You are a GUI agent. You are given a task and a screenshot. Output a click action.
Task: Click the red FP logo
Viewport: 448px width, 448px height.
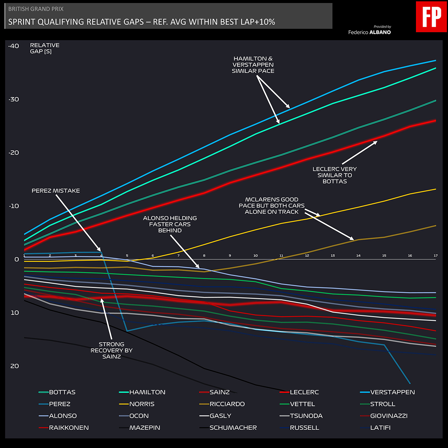(431, 17)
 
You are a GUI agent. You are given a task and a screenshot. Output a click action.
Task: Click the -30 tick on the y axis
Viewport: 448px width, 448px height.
(13, 99)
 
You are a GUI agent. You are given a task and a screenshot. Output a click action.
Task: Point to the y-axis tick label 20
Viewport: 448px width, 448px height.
(14, 366)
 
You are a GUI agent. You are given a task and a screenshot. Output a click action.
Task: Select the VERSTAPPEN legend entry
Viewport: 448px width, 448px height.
(392, 392)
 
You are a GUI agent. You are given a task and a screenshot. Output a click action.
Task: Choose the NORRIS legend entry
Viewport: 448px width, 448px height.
(142, 404)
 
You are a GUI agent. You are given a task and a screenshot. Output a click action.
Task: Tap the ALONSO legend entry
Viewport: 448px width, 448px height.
(63, 416)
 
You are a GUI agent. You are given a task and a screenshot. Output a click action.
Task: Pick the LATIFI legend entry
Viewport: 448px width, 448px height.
(380, 428)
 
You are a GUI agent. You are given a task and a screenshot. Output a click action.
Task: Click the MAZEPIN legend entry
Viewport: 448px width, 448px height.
(144, 428)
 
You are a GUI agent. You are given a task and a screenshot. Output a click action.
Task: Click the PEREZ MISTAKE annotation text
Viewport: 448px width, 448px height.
(56, 191)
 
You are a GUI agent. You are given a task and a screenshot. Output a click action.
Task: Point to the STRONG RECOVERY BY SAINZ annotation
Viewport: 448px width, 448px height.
(112, 350)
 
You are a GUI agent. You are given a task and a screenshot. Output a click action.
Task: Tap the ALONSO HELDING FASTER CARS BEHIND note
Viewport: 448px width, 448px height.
(170, 224)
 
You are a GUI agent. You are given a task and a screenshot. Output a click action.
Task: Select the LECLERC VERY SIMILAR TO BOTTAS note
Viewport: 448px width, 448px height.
(335, 175)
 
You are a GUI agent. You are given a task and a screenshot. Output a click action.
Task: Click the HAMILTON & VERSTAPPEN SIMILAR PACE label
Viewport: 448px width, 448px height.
(253, 65)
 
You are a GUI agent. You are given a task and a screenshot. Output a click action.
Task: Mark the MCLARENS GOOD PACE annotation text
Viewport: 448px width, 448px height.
(271, 206)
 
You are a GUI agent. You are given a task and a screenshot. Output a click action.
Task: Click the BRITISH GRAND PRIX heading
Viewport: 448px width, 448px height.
(36, 9)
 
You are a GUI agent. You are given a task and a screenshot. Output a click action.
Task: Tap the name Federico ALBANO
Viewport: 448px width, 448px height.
(369, 32)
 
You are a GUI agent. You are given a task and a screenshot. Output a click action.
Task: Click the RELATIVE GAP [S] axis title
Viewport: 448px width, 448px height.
(44, 48)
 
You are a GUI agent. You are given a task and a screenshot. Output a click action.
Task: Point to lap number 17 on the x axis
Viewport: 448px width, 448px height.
(435, 256)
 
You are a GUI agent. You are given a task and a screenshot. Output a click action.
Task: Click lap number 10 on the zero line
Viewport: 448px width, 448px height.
(255, 256)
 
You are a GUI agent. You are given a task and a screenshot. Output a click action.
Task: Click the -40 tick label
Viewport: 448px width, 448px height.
(13, 46)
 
